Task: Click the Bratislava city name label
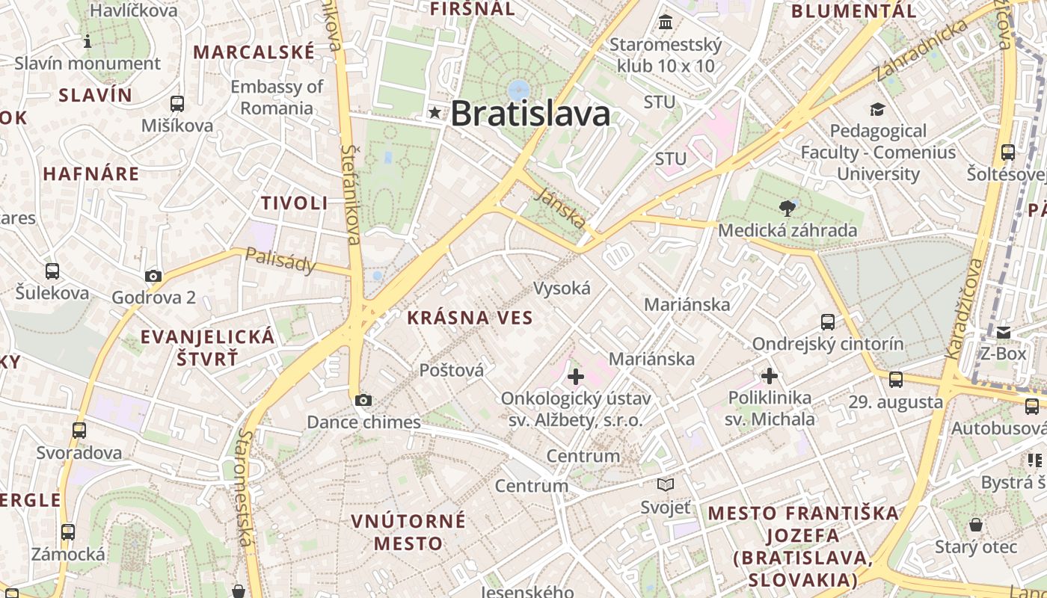click(530, 114)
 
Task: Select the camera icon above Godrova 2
click(153, 276)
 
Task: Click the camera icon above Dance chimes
click(363, 401)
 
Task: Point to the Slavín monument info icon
click(87, 41)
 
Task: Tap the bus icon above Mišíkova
click(177, 104)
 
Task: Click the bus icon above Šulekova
click(52, 271)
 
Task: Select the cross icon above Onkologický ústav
click(576, 377)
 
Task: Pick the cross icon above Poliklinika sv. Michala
click(770, 376)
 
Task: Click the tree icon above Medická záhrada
click(787, 208)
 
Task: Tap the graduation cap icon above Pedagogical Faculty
click(877, 110)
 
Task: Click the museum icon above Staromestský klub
click(666, 22)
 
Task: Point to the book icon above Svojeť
click(666, 485)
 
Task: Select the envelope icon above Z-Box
click(1003, 332)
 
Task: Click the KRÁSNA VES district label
click(470, 318)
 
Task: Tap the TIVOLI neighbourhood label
click(295, 203)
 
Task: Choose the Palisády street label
click(280, 260)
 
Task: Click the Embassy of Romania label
click(277, 97)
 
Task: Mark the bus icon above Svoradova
click(79, 431)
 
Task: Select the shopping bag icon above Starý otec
click(976, 525)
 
